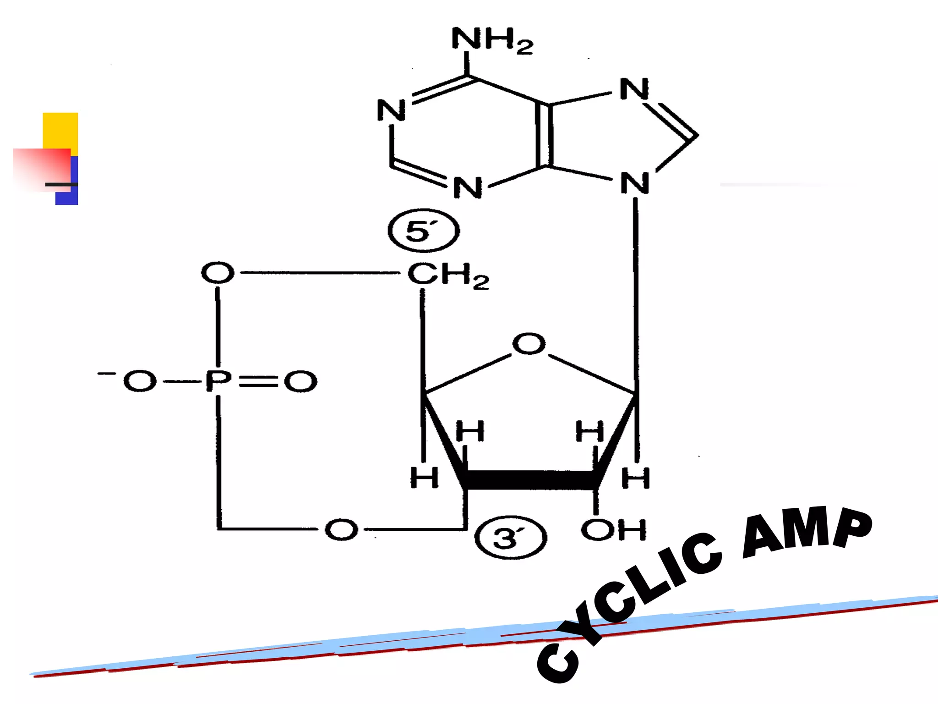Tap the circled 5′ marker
423,231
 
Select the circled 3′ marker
510,538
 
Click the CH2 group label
448,275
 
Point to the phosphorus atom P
218,381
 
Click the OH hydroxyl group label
614,530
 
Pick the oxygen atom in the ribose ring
529,344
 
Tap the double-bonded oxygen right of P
300,381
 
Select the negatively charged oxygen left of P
139,381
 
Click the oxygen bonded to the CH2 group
218,273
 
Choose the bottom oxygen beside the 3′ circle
341,530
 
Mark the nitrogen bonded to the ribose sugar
635,183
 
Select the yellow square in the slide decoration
60,130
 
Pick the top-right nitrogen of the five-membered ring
634,89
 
